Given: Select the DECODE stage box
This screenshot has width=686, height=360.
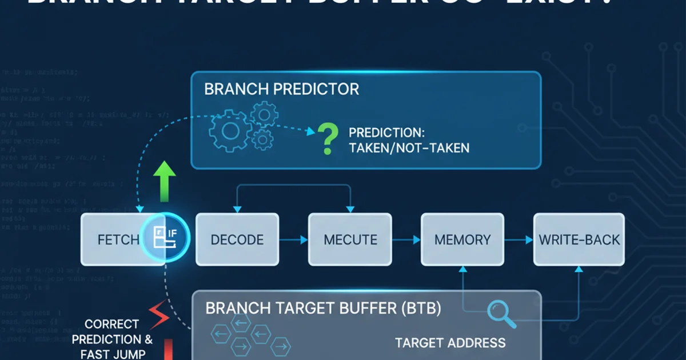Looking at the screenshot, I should coord(237,239).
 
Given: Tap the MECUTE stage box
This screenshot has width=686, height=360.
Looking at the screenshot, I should coord(350,239).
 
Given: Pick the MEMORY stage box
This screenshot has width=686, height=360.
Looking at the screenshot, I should coord(462,239).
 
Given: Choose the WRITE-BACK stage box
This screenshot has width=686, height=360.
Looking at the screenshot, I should coord(579,239).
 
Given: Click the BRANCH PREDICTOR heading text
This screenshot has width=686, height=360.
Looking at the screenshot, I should coord(281,90).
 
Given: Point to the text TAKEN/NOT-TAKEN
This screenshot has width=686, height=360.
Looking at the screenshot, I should coord(409,148).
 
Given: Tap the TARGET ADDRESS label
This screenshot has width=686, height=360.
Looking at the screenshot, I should coord(450,343).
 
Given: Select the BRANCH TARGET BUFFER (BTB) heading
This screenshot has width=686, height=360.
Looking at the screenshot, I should coord(323,309).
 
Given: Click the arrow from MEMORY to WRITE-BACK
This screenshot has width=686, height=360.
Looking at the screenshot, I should coord(519,240).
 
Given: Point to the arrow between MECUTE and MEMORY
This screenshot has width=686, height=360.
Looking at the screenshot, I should coord(406,240).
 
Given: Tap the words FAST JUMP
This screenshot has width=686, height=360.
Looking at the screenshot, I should coord(113,354).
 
